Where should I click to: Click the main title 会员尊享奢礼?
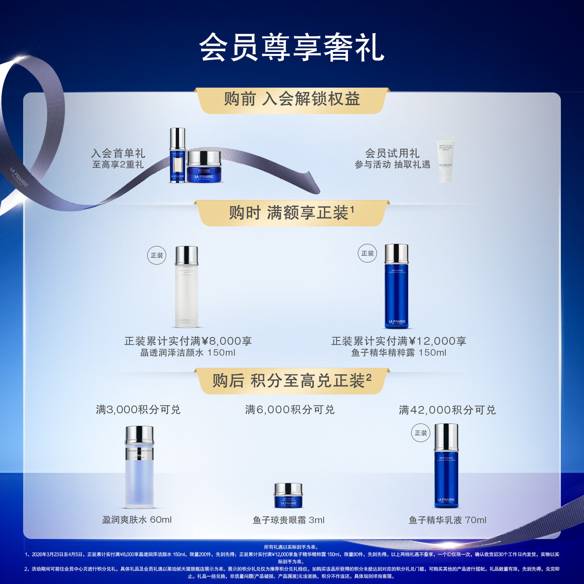292,47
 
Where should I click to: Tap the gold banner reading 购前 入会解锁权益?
292,99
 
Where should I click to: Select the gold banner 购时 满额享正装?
292,213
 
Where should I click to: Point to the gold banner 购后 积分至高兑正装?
292,381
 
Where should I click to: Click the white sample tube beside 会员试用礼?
445,159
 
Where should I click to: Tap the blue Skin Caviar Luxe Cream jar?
204,167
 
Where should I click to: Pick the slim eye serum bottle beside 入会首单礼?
177,155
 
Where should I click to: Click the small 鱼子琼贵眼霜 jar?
288,495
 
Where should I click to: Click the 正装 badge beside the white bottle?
157,255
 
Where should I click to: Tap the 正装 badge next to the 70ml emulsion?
421,433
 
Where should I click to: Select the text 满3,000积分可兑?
138,410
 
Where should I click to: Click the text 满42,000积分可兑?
447,410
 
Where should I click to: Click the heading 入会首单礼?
118,153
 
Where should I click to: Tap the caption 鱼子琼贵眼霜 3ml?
288,520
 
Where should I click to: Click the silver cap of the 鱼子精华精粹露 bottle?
396,254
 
